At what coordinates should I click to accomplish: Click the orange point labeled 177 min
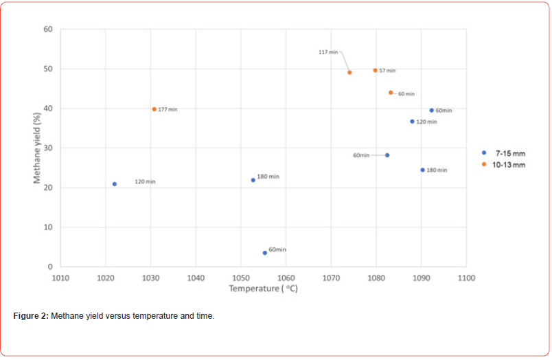[x=154, y=109]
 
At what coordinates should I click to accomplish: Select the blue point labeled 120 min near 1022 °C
[x=115, y=184]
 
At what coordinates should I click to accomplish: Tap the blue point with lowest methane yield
[x=264, y=253]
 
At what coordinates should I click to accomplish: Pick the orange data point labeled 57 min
[x=375, y=70]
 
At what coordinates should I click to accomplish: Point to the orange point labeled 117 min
[x=349, y=72]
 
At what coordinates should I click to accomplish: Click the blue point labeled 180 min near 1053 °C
[x=253, y=180]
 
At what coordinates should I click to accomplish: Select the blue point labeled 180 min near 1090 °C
[x=422, y=170]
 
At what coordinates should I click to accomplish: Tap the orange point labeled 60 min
[x=391, y=93]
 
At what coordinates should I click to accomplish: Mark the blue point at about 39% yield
[x=431, y=111]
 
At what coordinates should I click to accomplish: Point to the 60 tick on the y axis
[x=48, y=30]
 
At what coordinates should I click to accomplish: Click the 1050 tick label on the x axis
[x=240, y=278]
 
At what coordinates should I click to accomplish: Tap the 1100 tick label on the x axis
[x=465, y=278]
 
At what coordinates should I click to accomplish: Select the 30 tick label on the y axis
[x=48, y=148]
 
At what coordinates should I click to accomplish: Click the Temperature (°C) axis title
[x=263, y=289]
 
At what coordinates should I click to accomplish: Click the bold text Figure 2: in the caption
[x=31, y=316]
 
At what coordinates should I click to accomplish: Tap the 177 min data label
[x=168, y=110]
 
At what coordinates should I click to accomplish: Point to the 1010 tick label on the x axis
[x=60, y=278]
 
